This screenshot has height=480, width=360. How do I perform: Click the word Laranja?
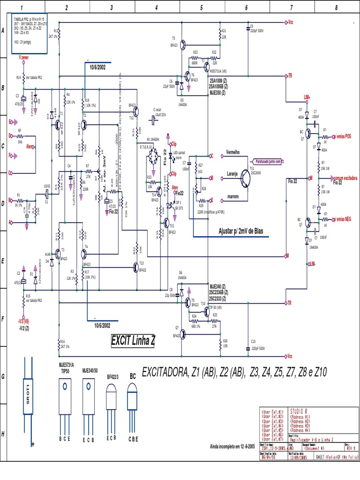232,173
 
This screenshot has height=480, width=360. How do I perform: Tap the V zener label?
27,57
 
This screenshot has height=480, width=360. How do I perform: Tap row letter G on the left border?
3,375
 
